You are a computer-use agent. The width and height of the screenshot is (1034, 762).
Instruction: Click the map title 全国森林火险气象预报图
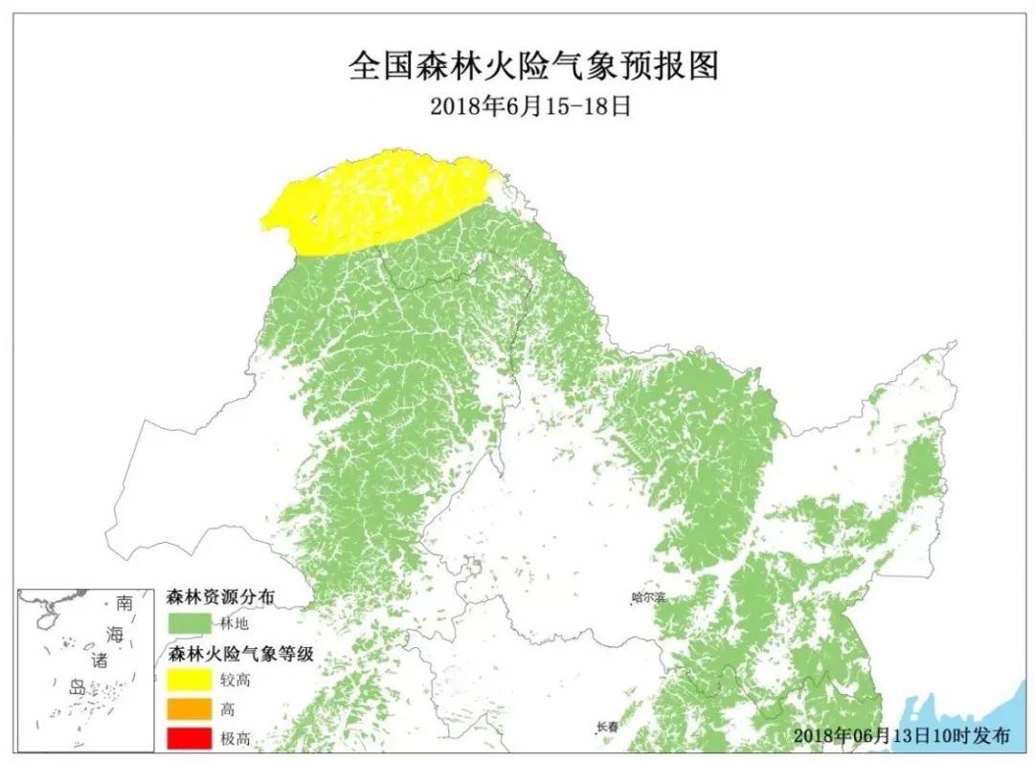[533, 66]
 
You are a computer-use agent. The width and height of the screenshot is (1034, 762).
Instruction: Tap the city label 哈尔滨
[648, 598]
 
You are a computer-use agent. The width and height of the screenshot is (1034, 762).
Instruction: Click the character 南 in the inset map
[124, 605]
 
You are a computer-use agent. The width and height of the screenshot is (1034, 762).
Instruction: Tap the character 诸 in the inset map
[100, 661]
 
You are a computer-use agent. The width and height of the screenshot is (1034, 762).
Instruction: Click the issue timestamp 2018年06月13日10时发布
[901, 736]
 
